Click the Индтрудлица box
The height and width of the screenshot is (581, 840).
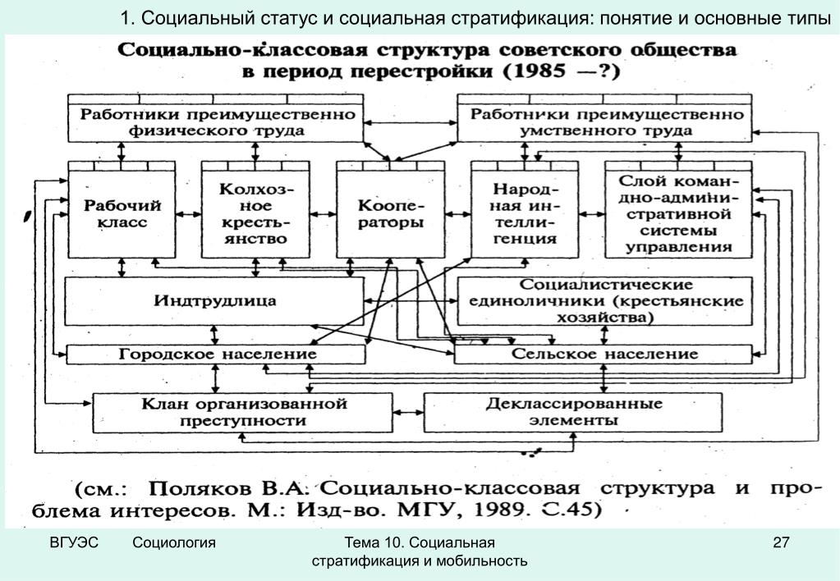coord(214,301)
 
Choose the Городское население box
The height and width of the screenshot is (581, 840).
coord(216,355)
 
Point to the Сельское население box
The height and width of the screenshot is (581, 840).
coord(604,355)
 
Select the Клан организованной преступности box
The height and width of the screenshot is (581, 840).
coord(243,413)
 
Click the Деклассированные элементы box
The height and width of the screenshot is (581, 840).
coord(573,413)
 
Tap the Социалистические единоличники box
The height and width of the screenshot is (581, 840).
coord(605,301)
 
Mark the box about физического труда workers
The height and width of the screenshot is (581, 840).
coord(216,118)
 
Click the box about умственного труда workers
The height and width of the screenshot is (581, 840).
coord(605,118)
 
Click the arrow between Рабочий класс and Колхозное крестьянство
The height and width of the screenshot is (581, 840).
coord(189,214)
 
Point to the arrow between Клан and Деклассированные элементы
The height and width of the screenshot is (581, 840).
coord(408,413)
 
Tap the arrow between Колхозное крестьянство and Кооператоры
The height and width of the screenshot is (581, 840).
coord(323,214)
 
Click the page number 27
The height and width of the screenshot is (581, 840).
coord(781,542)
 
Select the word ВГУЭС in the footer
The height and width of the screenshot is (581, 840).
coord(74,542)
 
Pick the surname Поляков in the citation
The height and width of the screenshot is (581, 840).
coord(200,489)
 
